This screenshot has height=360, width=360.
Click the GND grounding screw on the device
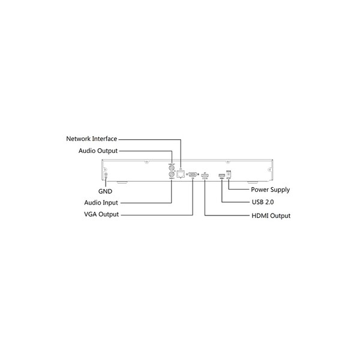pos(106,175)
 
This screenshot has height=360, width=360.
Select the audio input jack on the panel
pos(172,176)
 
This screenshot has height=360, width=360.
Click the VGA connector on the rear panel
pos(193,175)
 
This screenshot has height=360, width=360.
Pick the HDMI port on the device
pos(205,175)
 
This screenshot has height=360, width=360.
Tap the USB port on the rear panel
pos(221,175)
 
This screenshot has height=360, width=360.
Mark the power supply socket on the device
pos(229,174)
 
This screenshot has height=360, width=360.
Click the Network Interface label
pos(92,139)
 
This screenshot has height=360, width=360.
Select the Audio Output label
pos(98,151)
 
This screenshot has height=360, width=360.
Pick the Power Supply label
pos(270,190)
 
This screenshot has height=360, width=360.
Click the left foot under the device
pos(119,182)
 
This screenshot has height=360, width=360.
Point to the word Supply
pos(280,190)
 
